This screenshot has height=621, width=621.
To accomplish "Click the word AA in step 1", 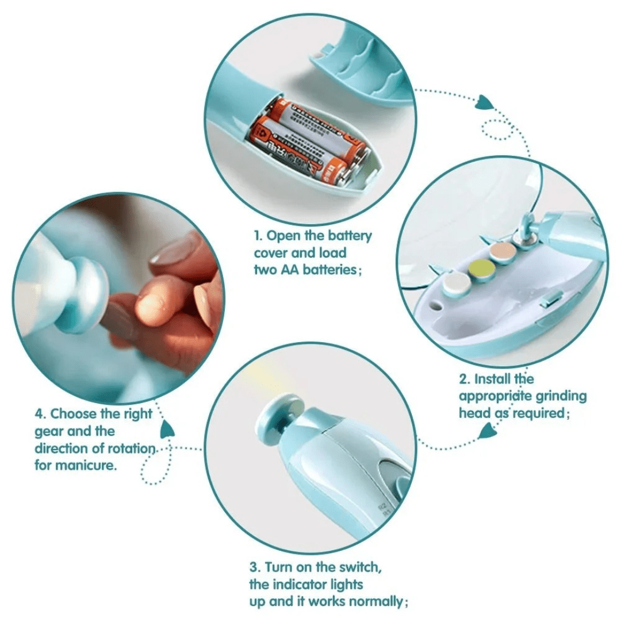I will coord(287,270).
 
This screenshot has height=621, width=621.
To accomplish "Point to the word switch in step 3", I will coord(359,567).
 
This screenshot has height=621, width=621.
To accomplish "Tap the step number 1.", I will coord(256,236).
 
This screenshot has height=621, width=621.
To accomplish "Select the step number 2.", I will coord(463,379).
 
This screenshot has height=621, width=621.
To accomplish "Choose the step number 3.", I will coord(253,567).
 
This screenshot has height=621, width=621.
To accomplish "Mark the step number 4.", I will coord(39,414).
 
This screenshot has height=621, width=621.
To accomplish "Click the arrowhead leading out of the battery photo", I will coord(485,103).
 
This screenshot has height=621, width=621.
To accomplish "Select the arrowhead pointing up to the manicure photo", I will coord(167,428).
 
